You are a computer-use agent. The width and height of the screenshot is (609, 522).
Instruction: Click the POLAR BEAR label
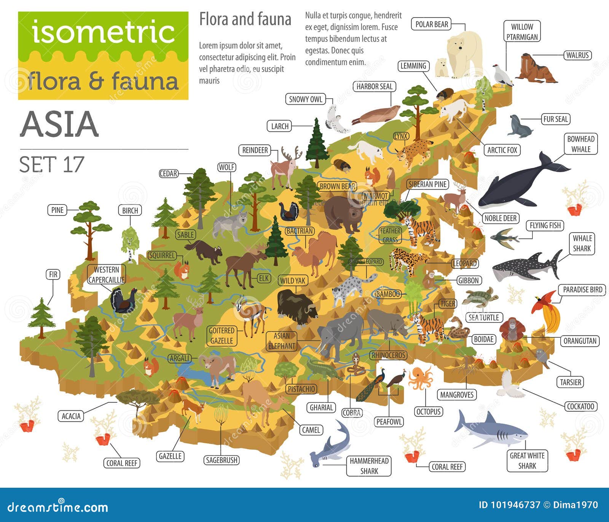pyautogui.click(x=432, y=24)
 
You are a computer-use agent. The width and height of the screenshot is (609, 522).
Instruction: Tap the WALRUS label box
pyautogui.click(x=577, y=55)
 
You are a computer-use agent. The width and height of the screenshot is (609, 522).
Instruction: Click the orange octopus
pyautogui.click(x=420, y=377)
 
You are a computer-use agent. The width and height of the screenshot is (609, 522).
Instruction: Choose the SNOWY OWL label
pyautogui.click(x=305, y=99)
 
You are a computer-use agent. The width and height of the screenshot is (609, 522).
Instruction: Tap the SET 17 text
pyautogui.click(x=51, y=164)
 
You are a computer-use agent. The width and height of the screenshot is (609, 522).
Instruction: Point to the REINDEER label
pyautogui.click(x=255, y=150)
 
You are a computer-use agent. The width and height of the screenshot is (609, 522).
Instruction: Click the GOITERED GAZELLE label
pyautogui.click(x=221, y=336)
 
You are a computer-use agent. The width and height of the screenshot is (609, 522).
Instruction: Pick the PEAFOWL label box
pyautogui.click(x=389, y=422)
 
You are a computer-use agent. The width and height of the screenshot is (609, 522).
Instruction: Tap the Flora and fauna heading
pyautogui.click(x=245, y=19)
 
